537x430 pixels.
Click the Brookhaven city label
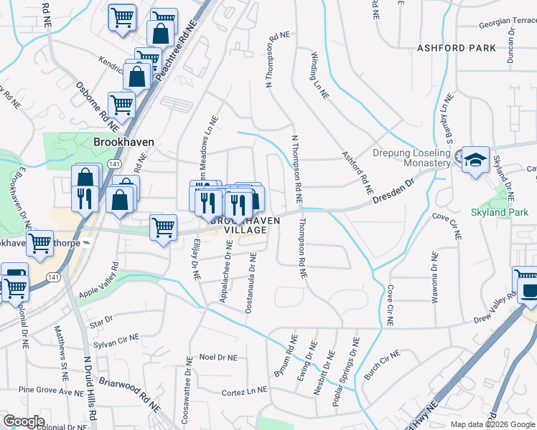pos(123,143)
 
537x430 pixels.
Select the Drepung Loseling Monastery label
pos(411,158)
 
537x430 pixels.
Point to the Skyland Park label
pos(498,213)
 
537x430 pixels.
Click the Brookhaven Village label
pos(245,225)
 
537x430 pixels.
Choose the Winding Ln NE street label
pos(319,75)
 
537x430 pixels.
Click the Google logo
pos(24,421)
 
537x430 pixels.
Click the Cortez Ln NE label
pos(244,392)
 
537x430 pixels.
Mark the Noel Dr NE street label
pos(218,356)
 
